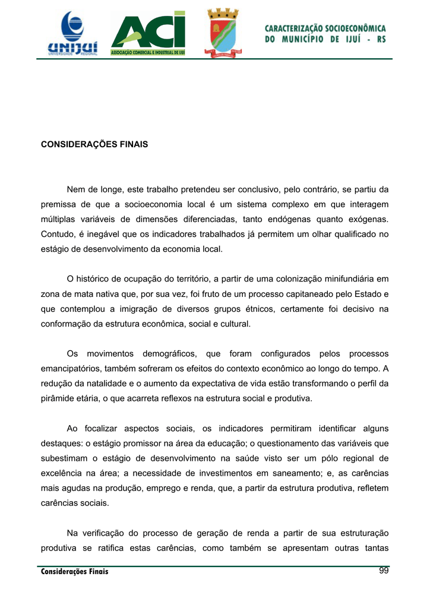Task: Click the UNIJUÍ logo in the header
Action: coord(73,34)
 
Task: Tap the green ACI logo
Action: coord(148,34)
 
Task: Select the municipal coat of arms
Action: coord(222,33)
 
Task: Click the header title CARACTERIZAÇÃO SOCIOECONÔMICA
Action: coord(325,28)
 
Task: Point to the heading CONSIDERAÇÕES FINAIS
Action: coord(94,144)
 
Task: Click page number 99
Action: coord(383,571)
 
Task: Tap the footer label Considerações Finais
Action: coord(75,572)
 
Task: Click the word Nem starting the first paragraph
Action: coord(75,190)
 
